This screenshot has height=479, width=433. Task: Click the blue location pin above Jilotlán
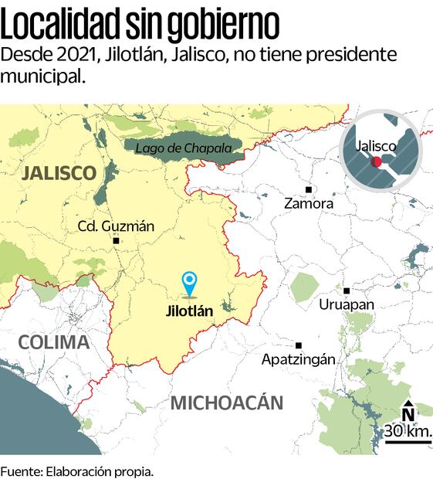click(x=188, y=283)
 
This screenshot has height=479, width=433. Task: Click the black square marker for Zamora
click(x=308, y=189)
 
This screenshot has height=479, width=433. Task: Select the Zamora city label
click(x=309, y=204)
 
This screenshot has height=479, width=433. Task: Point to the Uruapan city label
click(x=347, y=304)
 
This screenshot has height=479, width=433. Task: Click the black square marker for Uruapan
click(x=347, y=290)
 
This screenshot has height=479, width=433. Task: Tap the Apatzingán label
click(x=299, y=360)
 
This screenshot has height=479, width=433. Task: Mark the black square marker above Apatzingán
click(x=299, y=345)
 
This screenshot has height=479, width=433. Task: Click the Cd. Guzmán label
click(x=117, y=226)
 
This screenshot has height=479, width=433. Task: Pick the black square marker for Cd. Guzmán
click(x=116, y=241)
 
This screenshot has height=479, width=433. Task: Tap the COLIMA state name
click(x=53, y=342)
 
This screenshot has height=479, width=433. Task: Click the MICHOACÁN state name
click(x=227, y=403)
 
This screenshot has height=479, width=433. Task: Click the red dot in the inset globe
click(x=377, y=161)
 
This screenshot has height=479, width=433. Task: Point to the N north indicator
click(x=408, y=413)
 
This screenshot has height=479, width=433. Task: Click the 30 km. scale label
click(x=408, y=430)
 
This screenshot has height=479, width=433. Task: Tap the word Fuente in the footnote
click(x=21, y=471)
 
